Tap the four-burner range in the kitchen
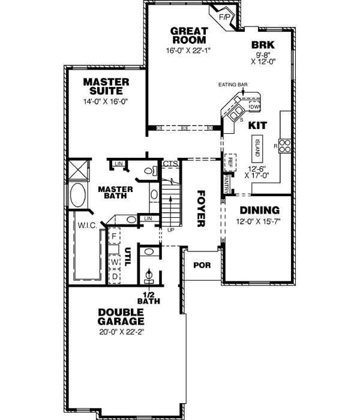[286, 145]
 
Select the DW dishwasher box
[254, 106]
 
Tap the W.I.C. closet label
[87, 226]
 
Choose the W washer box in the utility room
[113, 262]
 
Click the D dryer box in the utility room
[113, 277]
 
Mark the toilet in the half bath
[149, 277]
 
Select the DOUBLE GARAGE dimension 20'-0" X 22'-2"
[121, 332]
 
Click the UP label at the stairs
[171, 229]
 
